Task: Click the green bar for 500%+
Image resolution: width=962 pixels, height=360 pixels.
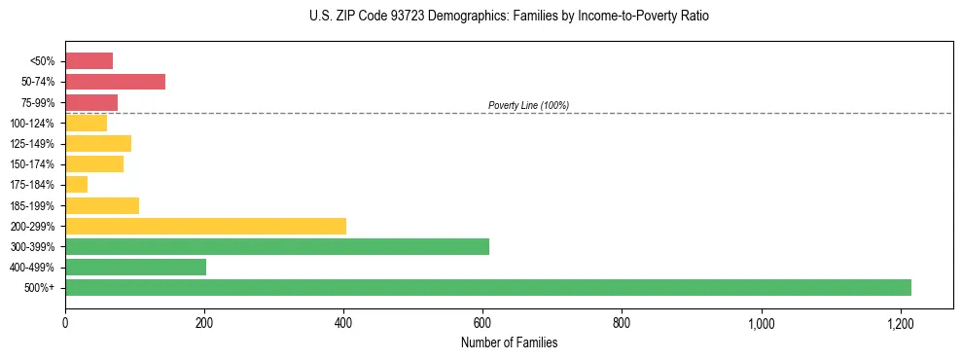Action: pos(487,288)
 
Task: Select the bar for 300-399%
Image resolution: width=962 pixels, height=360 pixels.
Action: pos(277,246)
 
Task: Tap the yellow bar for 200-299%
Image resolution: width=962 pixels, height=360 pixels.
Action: pos(205,226)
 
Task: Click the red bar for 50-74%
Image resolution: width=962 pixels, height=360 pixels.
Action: pos(115,82)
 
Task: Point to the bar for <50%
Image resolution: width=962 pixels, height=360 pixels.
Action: pos(89,61)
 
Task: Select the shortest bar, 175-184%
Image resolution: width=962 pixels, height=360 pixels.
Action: pos(76,185)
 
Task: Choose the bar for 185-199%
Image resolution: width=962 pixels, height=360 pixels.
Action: pos(102,205)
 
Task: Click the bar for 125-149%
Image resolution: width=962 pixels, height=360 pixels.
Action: pos(98,144)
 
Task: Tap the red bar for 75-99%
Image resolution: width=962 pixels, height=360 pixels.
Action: pos(91,102)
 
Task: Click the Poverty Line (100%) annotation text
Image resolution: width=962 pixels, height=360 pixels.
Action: pos(528,105)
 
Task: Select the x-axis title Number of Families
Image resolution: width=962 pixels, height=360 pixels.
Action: pos(510,342)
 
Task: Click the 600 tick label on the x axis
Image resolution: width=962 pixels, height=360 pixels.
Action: pos(482,322)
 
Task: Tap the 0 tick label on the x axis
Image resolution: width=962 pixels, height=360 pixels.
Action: pos(65,322)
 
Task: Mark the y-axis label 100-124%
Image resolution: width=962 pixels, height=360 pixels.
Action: pos(32,124)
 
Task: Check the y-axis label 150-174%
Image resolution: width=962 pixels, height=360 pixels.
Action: pos(32,164)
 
